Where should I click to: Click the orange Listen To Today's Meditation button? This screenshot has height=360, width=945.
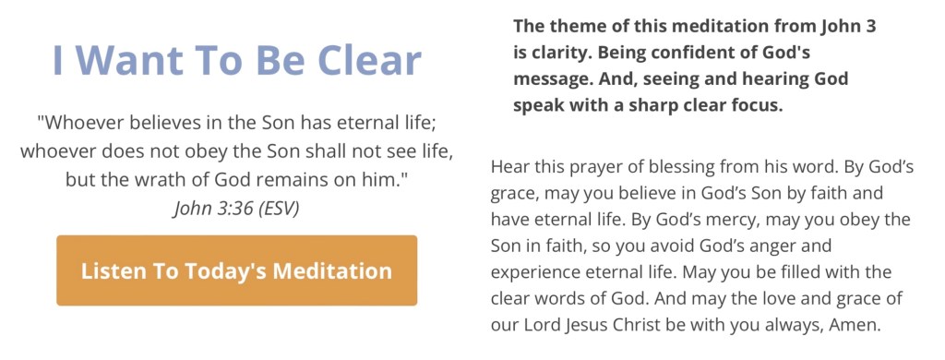[x=236, y=270]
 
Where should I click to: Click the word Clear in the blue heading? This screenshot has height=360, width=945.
[x=369, y=60]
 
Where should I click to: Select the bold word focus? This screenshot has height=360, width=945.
[x=761, y=105]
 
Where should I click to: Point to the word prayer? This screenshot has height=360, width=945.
[x=592, y=166]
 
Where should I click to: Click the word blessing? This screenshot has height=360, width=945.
[x=675, y=166]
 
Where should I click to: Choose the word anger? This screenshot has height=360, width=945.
[x=807, y=246]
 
